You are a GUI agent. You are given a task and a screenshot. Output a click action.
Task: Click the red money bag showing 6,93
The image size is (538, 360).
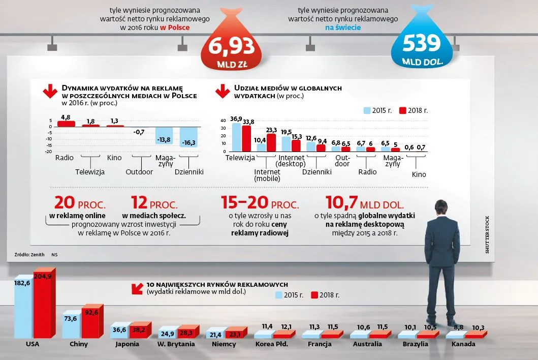point(229,48)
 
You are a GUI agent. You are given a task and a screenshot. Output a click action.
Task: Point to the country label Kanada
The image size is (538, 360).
point(463,344)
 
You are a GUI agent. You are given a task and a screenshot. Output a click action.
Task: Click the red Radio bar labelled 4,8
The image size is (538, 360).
point(66,124)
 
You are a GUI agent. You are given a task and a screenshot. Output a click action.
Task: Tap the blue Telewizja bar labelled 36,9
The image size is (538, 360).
point(236,137)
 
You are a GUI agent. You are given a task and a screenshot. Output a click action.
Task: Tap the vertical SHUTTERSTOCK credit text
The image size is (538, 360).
point(487,232)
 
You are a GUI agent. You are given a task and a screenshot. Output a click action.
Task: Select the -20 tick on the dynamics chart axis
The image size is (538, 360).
point(49,152)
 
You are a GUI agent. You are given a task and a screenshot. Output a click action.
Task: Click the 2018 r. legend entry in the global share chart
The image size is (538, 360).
point(414,110)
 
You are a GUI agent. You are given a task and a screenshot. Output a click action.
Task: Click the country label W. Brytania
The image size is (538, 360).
point(176,344)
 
